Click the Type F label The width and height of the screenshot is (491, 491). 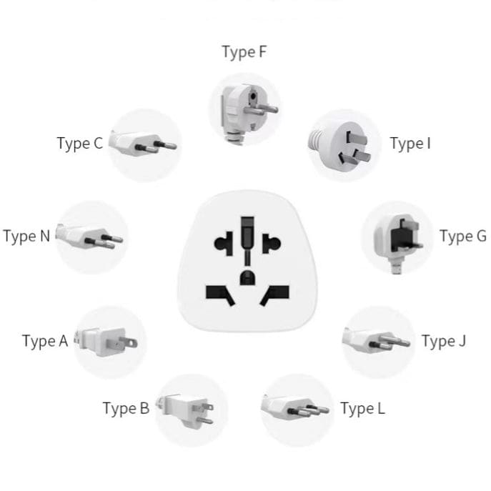pos(244,53)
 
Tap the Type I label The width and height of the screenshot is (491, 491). pos(410,144)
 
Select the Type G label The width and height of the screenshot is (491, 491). pos(462,237)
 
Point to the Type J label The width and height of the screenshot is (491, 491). pos(443,341)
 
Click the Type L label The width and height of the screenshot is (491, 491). pos(362,409)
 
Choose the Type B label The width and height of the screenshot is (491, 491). pos(126,408)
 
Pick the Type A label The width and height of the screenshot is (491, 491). pos(44,341)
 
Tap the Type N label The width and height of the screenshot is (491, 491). pos(26,236)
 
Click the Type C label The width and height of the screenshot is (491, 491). pos(79,144)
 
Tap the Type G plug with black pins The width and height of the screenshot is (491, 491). pos(397,236)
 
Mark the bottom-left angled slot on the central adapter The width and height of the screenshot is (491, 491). pos(219,293)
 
